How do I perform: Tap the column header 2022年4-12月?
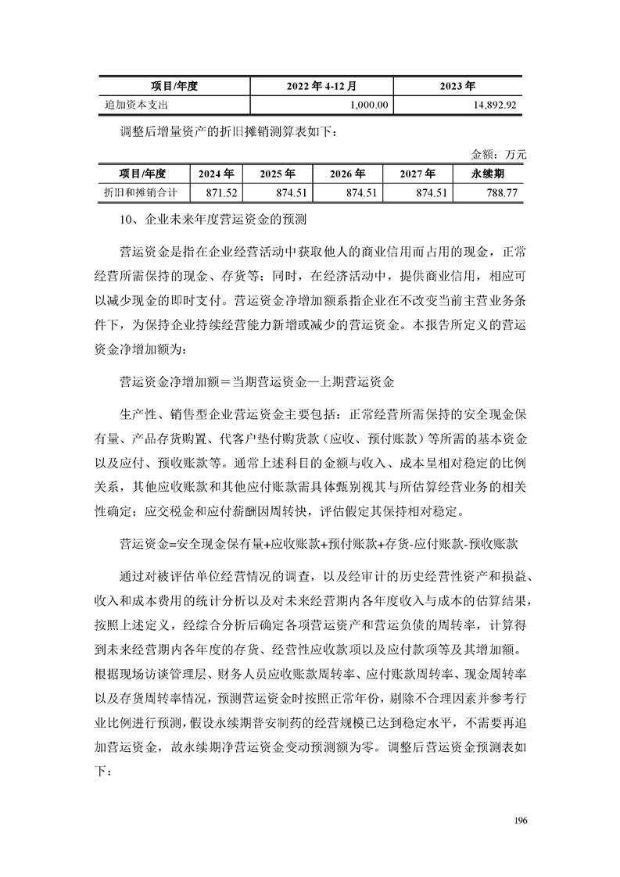pyautogui.click(x=321, y=85)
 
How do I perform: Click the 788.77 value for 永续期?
pyautogui.click(x=501, y=192)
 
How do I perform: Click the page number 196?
pyautogui.click(x=521, y=821)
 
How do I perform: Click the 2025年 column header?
pyautogui.click(x=278, y=174)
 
